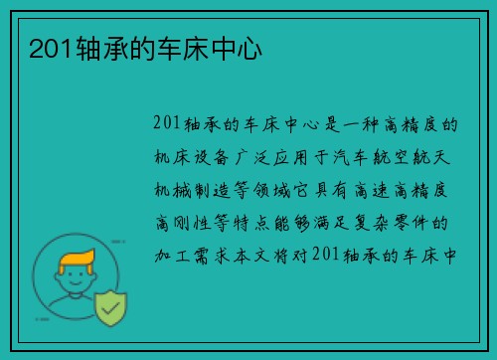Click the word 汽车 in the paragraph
(x=351, y=155)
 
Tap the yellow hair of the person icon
(x=79, y=264)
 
